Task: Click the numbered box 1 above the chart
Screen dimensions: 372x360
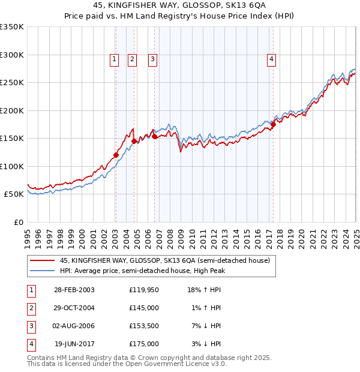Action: pyautogui.click(x=114, y=59)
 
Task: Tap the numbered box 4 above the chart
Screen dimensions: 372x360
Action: pyautogui.click(x=272, y=59)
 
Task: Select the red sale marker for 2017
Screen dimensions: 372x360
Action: pyautogui.click(x=273, y=124)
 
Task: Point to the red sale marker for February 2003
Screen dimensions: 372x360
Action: pyautogui.click(x=116, y=155)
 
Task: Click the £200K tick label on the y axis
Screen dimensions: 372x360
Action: pyautogui.click(x=12, y=110)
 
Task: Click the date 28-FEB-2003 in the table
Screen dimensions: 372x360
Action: pyautogui.click(x=74, y=289)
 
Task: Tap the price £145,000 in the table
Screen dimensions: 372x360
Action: pyautogui.click(x=144, y=308)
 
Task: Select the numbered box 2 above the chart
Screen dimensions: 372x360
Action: pyautogui.click(x=132, y=59)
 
